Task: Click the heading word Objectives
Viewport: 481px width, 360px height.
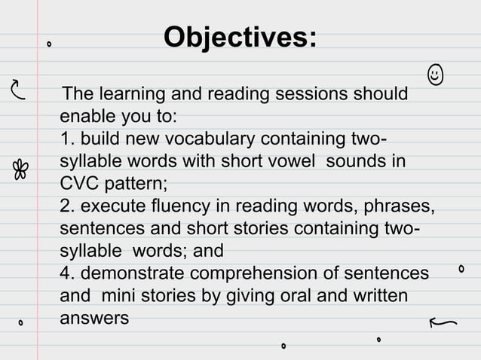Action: click(240, 38)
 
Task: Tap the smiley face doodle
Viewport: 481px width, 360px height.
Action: click(434, 75)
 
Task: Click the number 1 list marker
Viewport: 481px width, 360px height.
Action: click(66, 140)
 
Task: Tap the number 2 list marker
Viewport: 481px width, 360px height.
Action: click(66, 206)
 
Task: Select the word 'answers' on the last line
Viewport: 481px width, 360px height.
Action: click(93, 318)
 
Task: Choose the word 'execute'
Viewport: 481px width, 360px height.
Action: click(110, 206)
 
